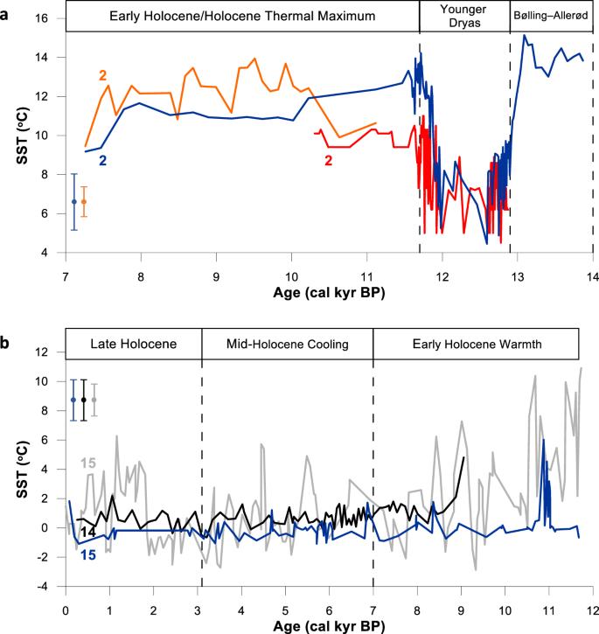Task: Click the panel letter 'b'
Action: click(x=6, y=321)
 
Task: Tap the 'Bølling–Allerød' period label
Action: click(x=551, y=17)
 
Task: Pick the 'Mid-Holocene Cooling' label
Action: click(x=287, y=344)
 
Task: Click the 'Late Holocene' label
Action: click(x=133, y=344)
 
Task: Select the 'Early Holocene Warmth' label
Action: click(x=476, y=344)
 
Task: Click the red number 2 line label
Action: click(x=328, y=161)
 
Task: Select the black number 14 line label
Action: click(x=88, y=532)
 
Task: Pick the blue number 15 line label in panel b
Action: click(x=88, y=554)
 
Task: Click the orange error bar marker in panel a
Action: click(x=84, y=202)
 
